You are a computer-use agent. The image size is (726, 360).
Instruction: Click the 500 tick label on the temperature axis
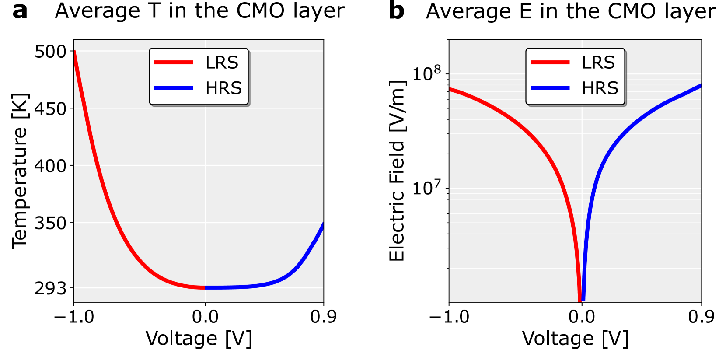coord(50,52)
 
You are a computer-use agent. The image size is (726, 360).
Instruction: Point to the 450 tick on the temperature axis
coord(50,108)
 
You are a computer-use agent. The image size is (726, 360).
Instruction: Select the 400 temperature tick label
coord(50,166)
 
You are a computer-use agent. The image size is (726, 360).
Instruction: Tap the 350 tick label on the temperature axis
coord(50,223)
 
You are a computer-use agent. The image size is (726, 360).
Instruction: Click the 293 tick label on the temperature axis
coord(50,288)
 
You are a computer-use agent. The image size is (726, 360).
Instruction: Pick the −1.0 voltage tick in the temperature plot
coord(74,316)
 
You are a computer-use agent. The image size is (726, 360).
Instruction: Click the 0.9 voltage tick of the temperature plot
coord(323,316)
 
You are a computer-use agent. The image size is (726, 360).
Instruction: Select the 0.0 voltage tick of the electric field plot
coord(582,316)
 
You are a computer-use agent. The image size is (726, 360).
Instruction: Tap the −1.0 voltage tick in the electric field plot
coord(449,316)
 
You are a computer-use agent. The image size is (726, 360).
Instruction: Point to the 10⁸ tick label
coord(427,73)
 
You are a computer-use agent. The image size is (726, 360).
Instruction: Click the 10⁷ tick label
coord(427,188)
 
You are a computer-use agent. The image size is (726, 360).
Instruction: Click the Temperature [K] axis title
coord(20,171)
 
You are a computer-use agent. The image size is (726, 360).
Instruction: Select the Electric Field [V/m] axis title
coord(397,171)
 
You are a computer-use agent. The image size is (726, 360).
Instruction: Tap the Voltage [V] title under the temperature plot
coord(199,339)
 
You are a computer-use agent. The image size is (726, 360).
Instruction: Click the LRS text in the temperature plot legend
coord(222,63)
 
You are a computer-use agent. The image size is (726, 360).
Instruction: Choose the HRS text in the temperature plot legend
coord(223,88)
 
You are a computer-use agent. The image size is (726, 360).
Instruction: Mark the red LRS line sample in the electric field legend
coord(550,63)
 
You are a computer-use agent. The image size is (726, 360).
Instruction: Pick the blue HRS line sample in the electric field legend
coord(550,88)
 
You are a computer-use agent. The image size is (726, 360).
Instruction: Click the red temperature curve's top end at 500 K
coord(74,52)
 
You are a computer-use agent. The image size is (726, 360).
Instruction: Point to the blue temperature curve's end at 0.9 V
coord(323,224)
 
